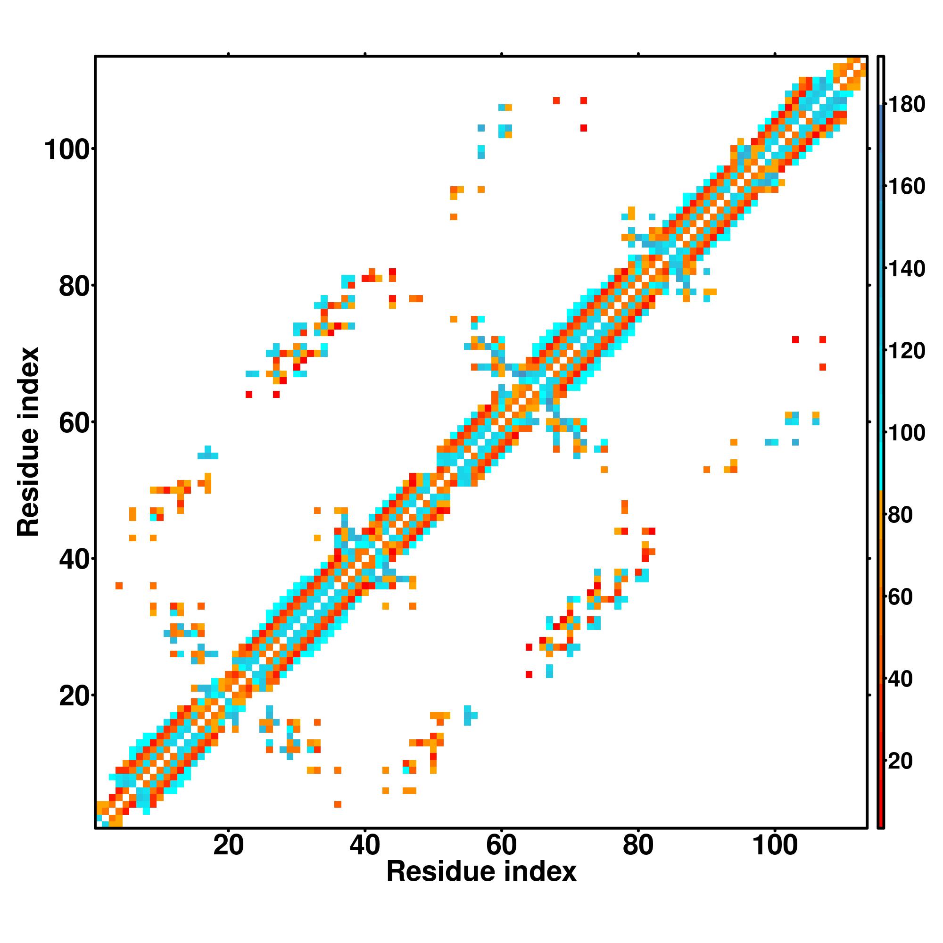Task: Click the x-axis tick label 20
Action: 228,845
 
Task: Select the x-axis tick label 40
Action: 365,845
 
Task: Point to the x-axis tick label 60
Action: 502,845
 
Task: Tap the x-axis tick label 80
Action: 638,845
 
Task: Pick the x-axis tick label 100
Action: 775,845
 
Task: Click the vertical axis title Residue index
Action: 28,442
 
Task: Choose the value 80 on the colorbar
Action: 901,514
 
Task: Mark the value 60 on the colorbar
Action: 901,596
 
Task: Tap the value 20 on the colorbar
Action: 901,761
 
